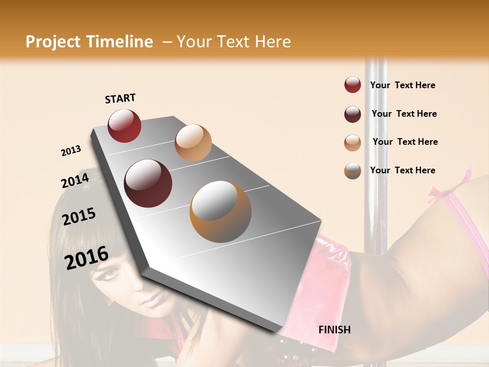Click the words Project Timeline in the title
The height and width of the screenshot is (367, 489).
89,42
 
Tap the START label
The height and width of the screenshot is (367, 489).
120,98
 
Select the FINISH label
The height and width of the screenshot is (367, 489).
335,330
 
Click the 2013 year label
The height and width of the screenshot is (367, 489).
71,151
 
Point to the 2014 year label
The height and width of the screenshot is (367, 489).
75,180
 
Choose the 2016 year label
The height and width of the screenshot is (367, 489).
87,258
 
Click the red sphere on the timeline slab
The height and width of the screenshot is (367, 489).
124,125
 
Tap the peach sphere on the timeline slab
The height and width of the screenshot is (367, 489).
193,142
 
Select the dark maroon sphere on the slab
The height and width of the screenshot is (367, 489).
148,183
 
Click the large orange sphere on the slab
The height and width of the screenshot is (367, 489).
221,211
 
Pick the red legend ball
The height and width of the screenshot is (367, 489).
352,85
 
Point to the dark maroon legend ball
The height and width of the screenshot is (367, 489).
352,114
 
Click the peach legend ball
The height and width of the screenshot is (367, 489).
352,143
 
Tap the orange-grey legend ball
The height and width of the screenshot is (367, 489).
352,171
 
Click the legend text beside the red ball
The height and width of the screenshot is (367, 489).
403,85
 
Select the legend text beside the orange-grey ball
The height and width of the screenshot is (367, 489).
403,170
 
